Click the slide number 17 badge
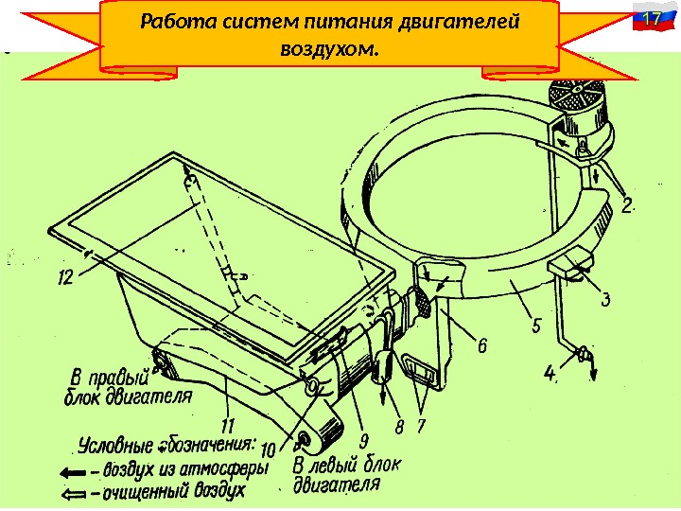click(x=648, y=21)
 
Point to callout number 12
click(x=65, y=278)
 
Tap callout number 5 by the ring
click(x=536, y=326)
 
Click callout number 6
click(x=481, y=347)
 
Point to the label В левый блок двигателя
click(x=345, y=474)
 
